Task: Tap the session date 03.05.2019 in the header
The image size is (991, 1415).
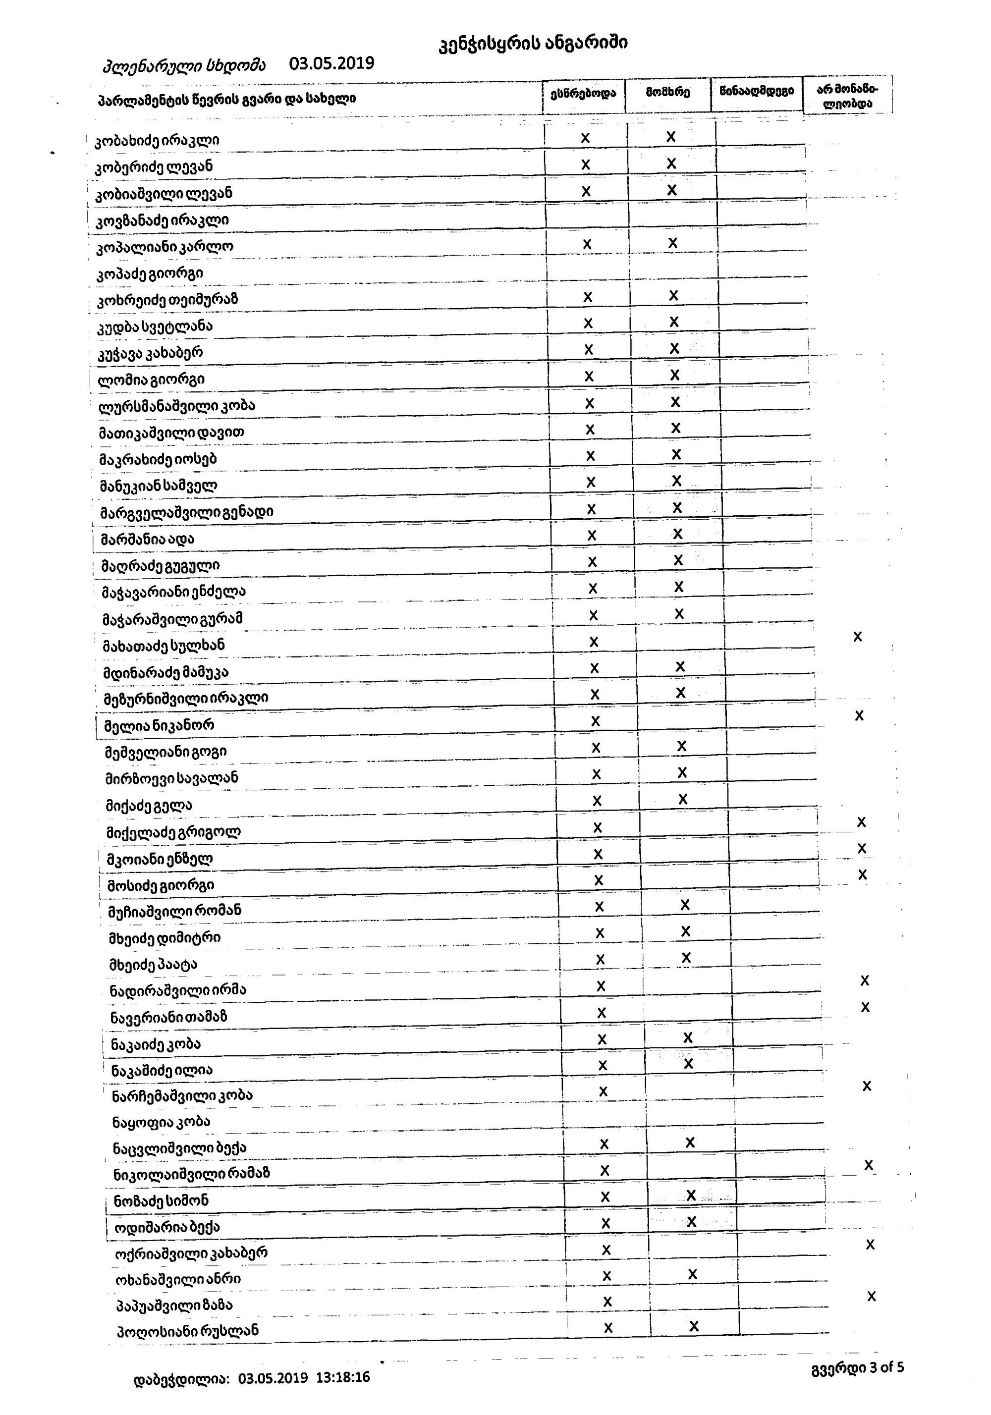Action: tap(331, 63)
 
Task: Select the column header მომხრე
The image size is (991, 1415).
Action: tap(667, 93)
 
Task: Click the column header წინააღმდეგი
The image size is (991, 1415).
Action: tap(756, 92)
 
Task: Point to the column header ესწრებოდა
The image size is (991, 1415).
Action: tap(583, 93)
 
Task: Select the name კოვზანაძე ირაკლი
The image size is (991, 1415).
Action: tap(162, 220)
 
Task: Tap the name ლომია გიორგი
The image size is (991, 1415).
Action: tap(151, 379)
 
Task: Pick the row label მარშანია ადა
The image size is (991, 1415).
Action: tap(147, 539)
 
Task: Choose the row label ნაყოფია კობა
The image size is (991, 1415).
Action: tap(161, 1122)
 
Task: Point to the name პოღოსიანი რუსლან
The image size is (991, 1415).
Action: tap(187, 1330)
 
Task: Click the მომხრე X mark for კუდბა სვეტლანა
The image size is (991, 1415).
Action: tap(673, 322)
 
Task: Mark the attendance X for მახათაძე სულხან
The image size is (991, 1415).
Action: tap(594, 642)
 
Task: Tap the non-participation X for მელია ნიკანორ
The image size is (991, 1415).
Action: tap(859, 715)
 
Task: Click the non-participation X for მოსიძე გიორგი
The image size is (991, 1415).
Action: tap(862, 874)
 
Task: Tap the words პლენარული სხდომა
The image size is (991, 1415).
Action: tap(184, 65)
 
